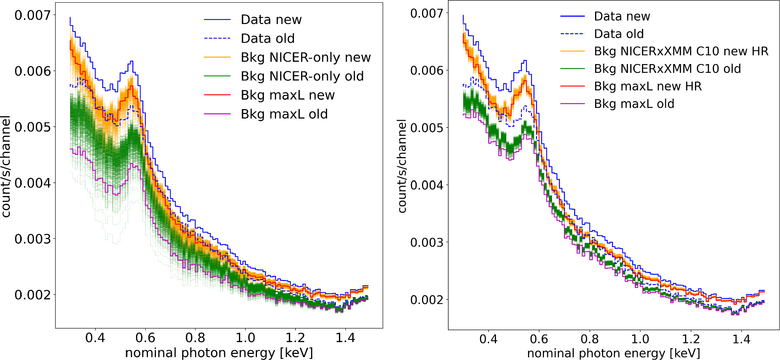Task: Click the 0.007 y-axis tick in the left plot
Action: [32, 15]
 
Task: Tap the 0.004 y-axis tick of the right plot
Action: [427, 185]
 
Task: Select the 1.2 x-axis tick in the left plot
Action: [295, 337]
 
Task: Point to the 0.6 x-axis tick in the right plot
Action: [539, 339]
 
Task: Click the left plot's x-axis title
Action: [219, 353]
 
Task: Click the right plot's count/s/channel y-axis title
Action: [402, 166]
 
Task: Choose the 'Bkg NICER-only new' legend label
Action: [305, 57]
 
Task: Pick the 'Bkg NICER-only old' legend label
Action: [302, 76]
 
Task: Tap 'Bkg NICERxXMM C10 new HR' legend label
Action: [681, 51]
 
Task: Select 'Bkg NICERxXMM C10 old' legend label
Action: [667, 69]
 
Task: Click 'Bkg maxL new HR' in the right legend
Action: [648, 86]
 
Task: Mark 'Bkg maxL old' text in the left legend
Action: [284, 114]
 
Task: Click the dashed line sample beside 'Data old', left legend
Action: [217, 39]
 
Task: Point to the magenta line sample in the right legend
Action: [572, 104]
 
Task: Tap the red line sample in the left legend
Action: [217, 95]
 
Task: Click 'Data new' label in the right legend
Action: [622, 16]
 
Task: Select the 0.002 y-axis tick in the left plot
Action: [32, 295]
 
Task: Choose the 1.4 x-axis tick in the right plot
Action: [741, 339]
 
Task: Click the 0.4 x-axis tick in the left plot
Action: [95, 337]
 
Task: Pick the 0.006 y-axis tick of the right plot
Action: [427, 71]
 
